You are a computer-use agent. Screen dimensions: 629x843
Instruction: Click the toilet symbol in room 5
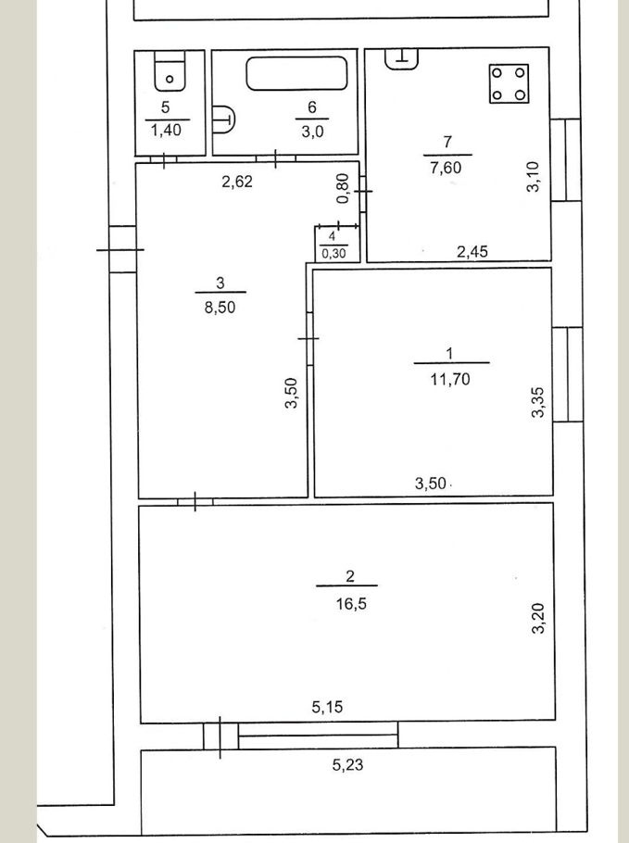point(170,71)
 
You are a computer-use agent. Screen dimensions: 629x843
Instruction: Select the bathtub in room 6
point(296,74)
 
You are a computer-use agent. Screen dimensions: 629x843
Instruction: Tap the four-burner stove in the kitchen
point(509,84)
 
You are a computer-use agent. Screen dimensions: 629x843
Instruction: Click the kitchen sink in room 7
point(402,58)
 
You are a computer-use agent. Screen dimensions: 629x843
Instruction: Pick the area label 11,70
point(450,380)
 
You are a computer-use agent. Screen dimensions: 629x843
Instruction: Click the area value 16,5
point(351,604)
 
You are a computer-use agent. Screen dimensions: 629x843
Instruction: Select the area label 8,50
point(220,308)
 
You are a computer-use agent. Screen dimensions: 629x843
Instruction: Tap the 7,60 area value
point(446,168)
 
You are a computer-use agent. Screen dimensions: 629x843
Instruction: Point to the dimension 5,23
point(347,764)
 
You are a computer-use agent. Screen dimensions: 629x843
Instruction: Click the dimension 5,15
point(327,707)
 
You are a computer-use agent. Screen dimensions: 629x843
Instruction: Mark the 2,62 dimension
point(237,182)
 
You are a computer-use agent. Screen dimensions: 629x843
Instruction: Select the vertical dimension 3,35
point(538,402)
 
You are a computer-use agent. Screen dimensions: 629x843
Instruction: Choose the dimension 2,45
point(472,251)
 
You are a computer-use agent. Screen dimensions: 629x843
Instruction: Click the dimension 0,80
point(344,188)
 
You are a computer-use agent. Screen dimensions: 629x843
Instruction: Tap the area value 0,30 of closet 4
point(333,253)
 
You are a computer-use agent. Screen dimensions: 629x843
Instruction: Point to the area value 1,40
point(166,130)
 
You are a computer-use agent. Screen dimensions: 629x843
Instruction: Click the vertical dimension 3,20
point(538,618)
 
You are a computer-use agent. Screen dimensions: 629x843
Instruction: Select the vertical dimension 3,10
point(533,176)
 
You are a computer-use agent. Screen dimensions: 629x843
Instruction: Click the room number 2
point(350,576)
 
